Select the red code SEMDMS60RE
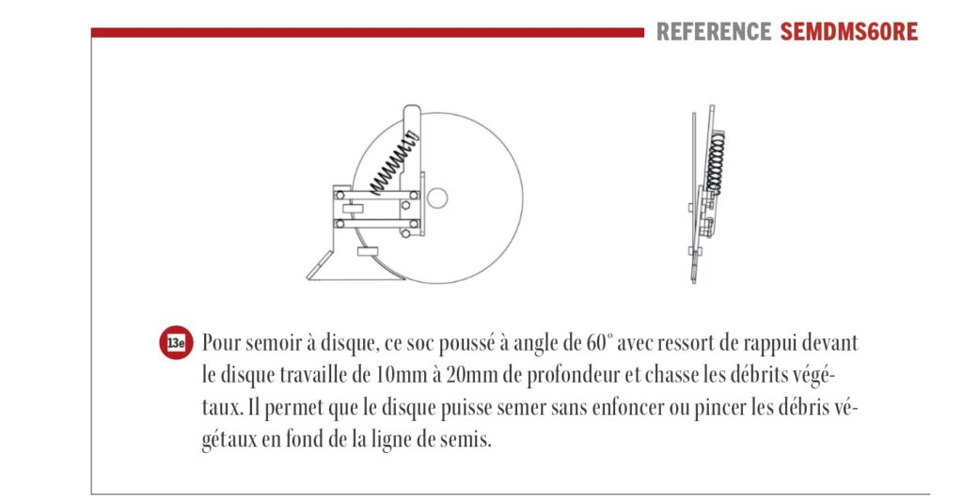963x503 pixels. pos(849,32)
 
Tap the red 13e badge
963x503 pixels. pos(175,343)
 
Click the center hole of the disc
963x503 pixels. pos(436,198)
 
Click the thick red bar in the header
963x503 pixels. pos(367,32)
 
